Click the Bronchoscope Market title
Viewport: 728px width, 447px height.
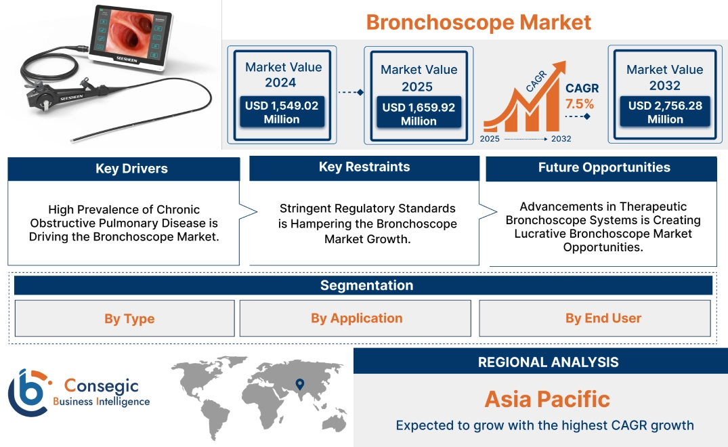point(478,22)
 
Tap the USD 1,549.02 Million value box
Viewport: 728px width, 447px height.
point(281,112)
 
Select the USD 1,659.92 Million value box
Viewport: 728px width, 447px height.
point(419,114)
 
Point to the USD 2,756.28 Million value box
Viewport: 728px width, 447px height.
point(664,112)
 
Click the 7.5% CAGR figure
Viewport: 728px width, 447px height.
point(580,104)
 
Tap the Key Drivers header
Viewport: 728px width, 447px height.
point(131,169)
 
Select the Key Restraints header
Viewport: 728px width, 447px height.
point(364,167)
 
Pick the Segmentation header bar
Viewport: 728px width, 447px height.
point(366,285)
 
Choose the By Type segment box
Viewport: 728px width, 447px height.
point(129,318)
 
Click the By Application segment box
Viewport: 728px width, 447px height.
point(356,318)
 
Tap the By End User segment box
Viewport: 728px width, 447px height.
point(603,318)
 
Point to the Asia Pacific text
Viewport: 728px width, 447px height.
point(547,399)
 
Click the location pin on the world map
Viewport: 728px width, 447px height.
point(299,385)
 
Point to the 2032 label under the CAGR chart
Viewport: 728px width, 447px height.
point(561,139)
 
